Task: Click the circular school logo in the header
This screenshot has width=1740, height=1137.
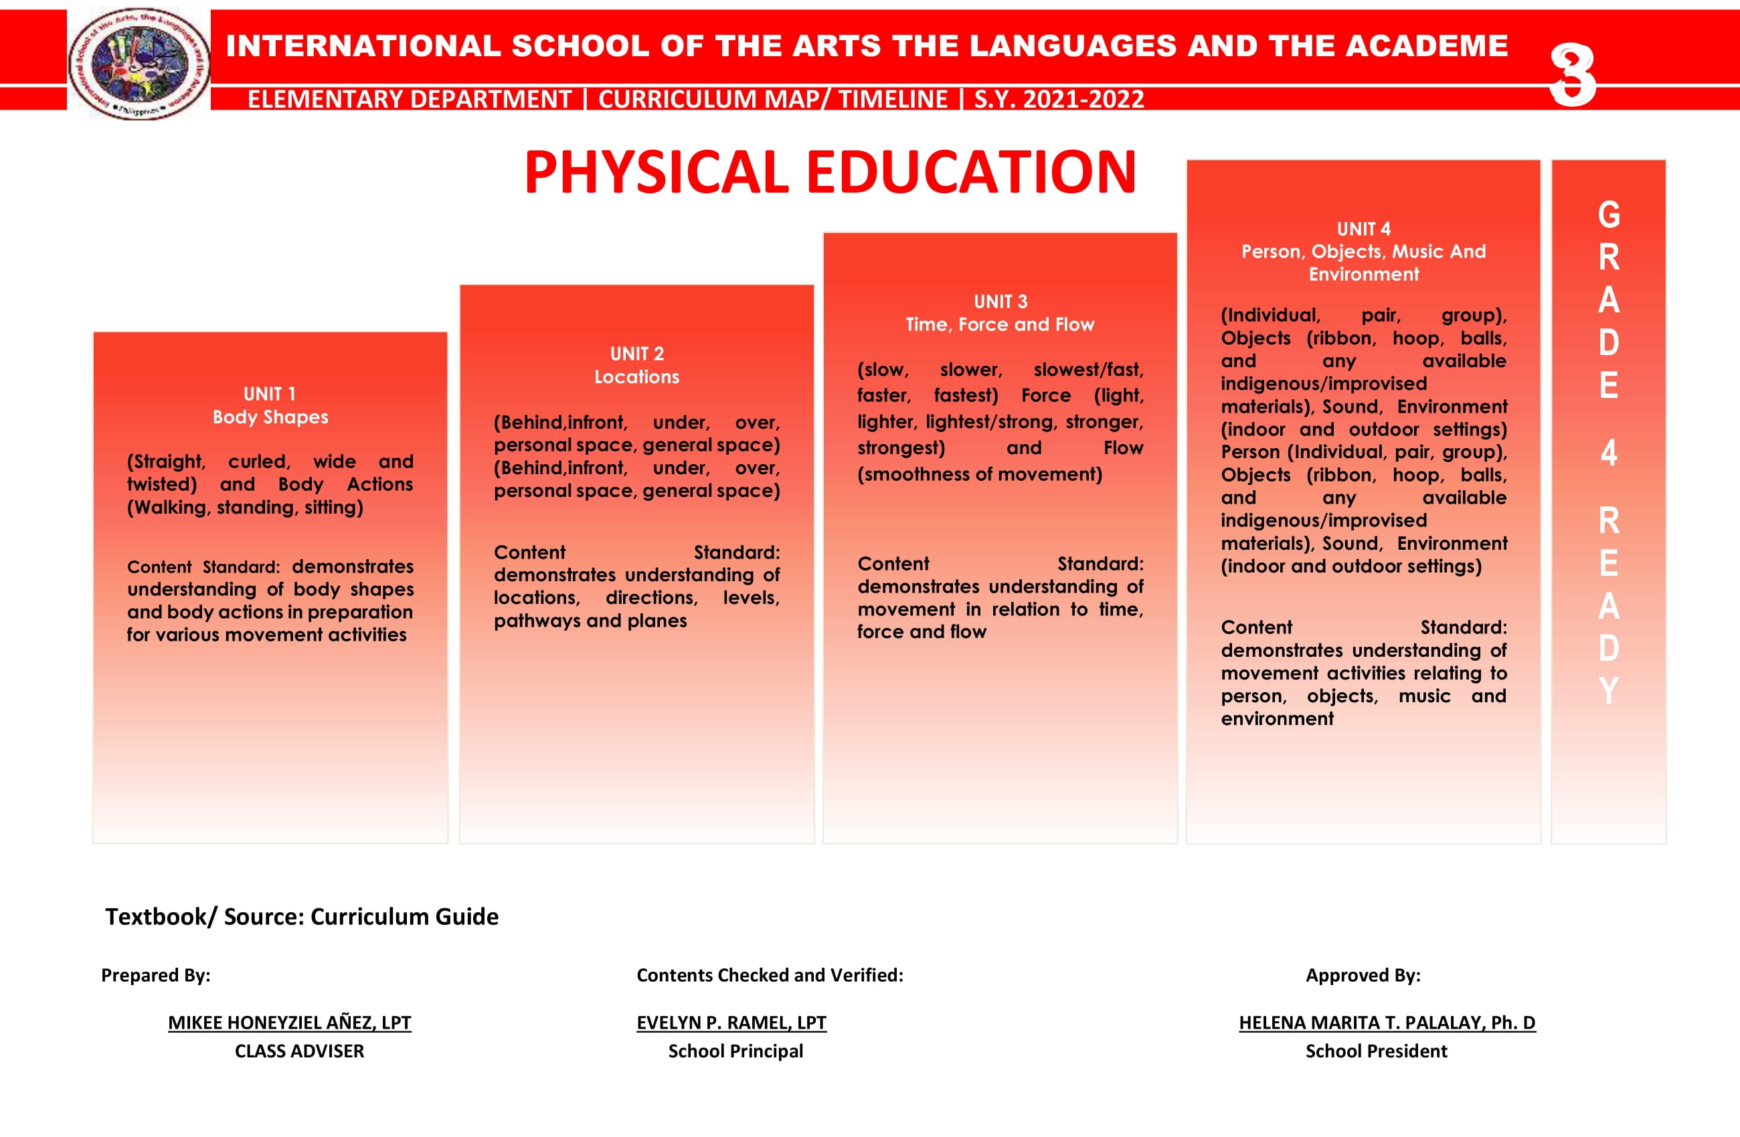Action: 139,64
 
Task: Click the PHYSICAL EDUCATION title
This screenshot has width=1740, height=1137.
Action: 830,173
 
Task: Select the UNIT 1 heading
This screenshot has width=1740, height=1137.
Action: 270,395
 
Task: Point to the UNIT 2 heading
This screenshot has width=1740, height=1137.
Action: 637,354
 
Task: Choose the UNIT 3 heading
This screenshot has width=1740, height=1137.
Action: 1000,302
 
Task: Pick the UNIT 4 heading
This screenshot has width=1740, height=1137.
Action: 1363,229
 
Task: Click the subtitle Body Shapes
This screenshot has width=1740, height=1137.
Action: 270,417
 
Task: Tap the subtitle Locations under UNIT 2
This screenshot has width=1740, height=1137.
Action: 637,377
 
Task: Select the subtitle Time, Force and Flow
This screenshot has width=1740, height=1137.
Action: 1000,324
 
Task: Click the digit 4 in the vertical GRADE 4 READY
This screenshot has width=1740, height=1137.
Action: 1608,453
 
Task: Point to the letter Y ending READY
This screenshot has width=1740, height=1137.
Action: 1608,690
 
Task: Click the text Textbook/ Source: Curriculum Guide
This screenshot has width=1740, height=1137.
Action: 301,916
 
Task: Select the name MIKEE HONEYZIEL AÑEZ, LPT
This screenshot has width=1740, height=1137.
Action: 290,1022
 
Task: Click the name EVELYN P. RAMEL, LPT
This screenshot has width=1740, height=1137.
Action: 731,1022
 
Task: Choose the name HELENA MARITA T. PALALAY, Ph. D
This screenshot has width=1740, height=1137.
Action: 1387,1022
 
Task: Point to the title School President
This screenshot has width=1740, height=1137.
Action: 1376,1051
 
